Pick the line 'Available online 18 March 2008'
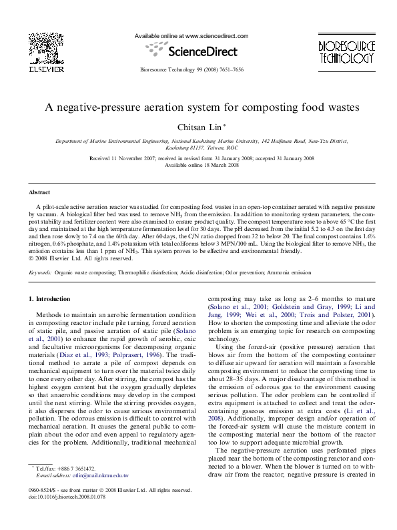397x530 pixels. [197, 164]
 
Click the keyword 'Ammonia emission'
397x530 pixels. [291, 273]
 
